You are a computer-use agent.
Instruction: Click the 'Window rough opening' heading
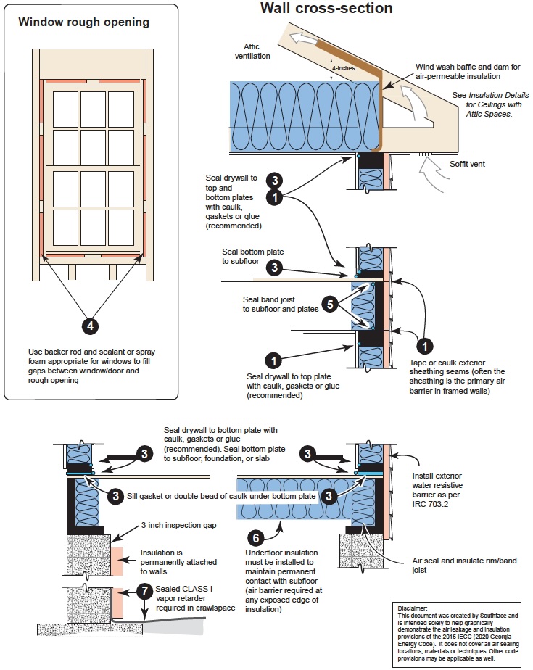[84, 22]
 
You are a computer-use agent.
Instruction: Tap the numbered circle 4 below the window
[90, 326]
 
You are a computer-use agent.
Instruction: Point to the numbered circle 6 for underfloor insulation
[255, 538]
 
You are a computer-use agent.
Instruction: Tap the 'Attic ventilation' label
[252, 50]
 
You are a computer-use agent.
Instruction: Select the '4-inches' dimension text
[344, 70]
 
